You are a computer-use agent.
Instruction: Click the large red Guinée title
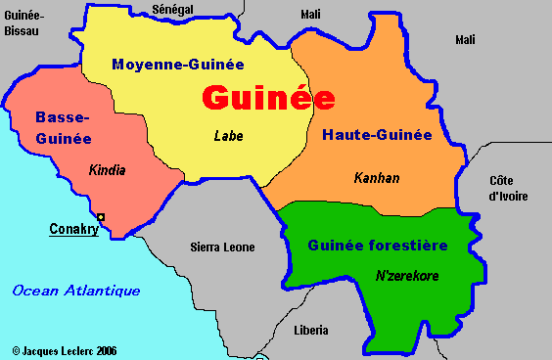click(268, 99)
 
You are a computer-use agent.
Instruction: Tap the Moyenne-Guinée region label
click(177, 65)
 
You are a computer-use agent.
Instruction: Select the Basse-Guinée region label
click(63, 128)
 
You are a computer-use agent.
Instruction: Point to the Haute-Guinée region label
click(377, 135)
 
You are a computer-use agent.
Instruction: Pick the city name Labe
click(228, 136)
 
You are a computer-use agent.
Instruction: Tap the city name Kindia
click(107, 170)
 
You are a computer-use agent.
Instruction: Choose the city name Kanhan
click(377, 178)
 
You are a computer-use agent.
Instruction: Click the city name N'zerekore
click(407, 276)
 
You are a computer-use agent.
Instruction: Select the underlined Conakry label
click(74, 231)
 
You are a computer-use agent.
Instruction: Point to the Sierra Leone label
click(222, 247)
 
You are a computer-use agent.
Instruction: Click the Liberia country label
click(311, 331)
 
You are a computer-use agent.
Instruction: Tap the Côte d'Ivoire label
click(508, 188)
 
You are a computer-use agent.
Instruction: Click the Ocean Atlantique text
click(76, 291)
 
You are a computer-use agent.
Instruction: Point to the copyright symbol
click(16, 349)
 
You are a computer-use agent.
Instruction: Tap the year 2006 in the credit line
click(106, 349)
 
